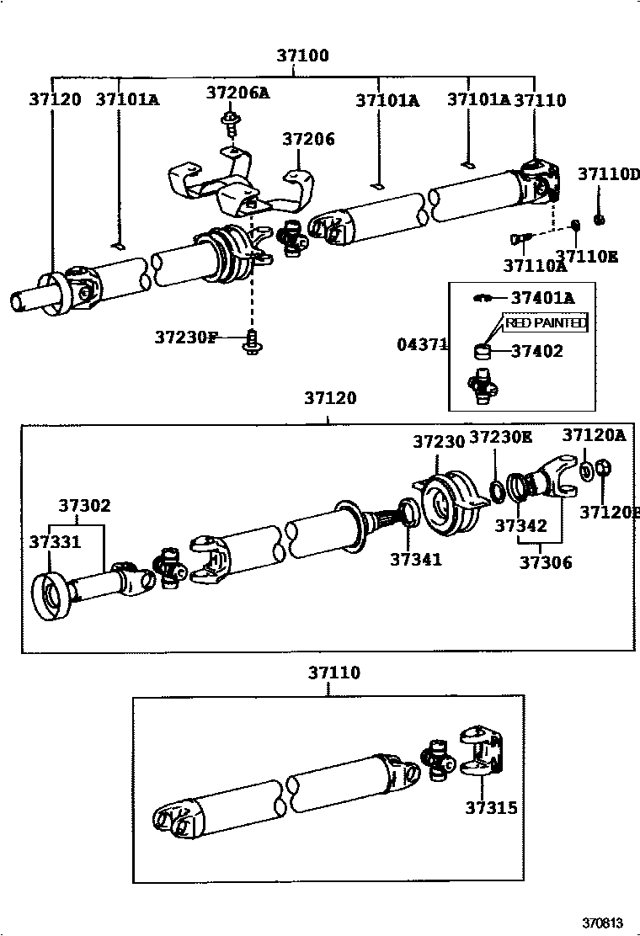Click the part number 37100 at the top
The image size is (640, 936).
302,56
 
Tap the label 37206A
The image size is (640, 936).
237,93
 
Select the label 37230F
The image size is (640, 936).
186,338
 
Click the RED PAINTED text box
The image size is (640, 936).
546,322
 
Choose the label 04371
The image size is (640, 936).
422,344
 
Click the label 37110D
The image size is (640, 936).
609,175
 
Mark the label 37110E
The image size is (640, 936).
586,256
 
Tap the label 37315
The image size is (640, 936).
491,808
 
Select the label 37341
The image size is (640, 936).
415,558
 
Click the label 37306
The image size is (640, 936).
545,562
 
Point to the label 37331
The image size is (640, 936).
55,542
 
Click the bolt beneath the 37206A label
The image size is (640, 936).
228,124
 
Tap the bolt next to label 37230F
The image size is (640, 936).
251,341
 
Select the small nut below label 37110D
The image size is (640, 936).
600,220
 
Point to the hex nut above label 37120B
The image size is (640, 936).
604,469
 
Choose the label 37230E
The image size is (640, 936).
500,437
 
